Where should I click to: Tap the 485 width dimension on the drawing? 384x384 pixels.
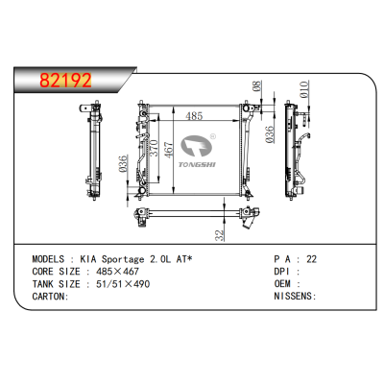tap(194, 116)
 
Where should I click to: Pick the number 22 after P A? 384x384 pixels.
tap(310, 259)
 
